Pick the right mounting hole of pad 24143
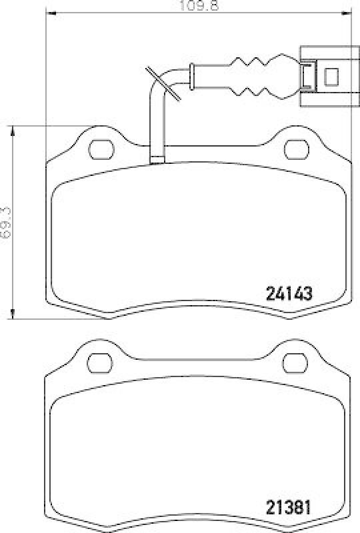click(x=293, y=147)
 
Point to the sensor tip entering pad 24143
click(x=158, y=159)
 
